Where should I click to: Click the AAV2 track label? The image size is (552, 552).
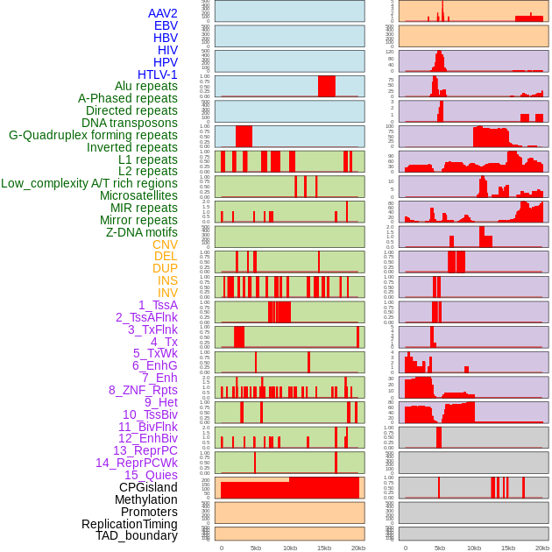(x=163, y=13)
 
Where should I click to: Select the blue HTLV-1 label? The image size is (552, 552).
(x=158, y=74)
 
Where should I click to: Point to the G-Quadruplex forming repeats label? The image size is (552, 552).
(x=93, y=135)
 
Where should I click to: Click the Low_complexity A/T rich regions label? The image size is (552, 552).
(x=89, y=183)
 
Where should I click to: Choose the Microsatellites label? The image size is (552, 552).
(x=138, y=195)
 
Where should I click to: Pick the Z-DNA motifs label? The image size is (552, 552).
(x=142, y=232)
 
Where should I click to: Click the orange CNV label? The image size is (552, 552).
(x=165, y=244)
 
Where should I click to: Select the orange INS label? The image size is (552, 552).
(x=167, y=280)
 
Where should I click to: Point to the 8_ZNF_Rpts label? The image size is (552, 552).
(x=143, y=390)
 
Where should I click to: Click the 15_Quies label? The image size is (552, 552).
(x=151, y=475)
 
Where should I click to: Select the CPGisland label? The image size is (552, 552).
(x=148, y=487)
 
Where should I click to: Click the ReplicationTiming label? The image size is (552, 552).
(x=129, y=524)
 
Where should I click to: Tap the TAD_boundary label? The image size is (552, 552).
(x=137, y=535)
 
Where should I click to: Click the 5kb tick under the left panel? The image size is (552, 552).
(x=256, y=548)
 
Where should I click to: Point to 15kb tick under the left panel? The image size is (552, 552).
(x=324, y=548)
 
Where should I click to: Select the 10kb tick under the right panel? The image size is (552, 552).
(x=474, y=548)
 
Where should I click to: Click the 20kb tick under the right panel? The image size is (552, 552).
(x=542, y=548)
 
